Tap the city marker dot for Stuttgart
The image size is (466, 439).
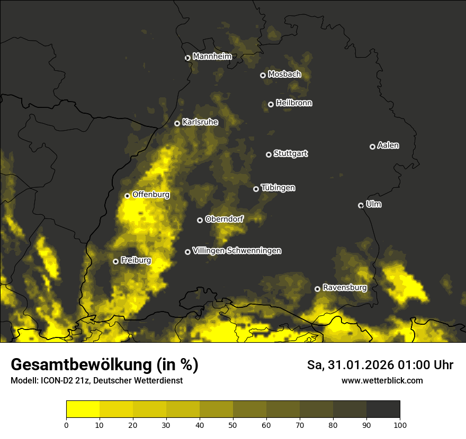268,154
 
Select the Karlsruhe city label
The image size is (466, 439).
200,122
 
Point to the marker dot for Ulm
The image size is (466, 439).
361,205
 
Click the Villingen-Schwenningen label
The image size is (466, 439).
237,251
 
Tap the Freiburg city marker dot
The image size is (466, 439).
115,261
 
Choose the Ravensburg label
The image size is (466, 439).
344,288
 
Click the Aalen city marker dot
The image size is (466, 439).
372,147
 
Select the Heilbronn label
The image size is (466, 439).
294,103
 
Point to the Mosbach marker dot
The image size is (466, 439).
263,75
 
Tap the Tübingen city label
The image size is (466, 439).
278,188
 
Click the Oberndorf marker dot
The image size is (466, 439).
200,220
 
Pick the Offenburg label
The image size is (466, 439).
151,195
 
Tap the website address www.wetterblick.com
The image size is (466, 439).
382,380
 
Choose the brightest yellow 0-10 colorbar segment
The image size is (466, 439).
83,409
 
